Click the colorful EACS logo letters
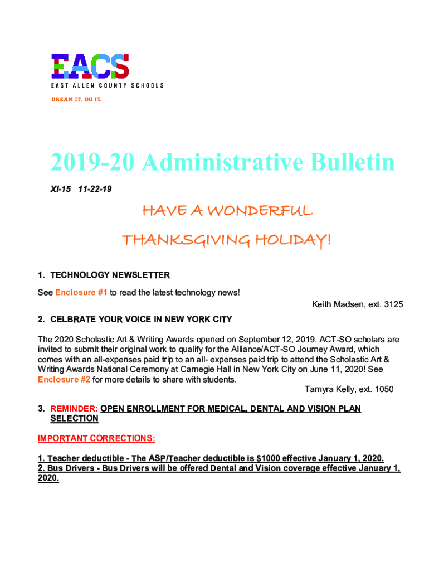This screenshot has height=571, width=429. (90, 66)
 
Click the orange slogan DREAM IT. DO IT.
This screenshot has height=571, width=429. (77, 100)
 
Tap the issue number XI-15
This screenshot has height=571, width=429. (57, 190)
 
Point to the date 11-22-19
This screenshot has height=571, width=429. (95, 190)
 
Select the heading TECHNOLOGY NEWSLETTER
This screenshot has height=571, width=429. (110, 275)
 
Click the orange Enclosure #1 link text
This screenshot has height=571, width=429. (81, 293)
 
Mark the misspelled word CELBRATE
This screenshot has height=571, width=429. (73, 320)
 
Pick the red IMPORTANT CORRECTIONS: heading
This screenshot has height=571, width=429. (96, 438)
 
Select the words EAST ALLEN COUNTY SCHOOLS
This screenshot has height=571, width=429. (108, 85)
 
